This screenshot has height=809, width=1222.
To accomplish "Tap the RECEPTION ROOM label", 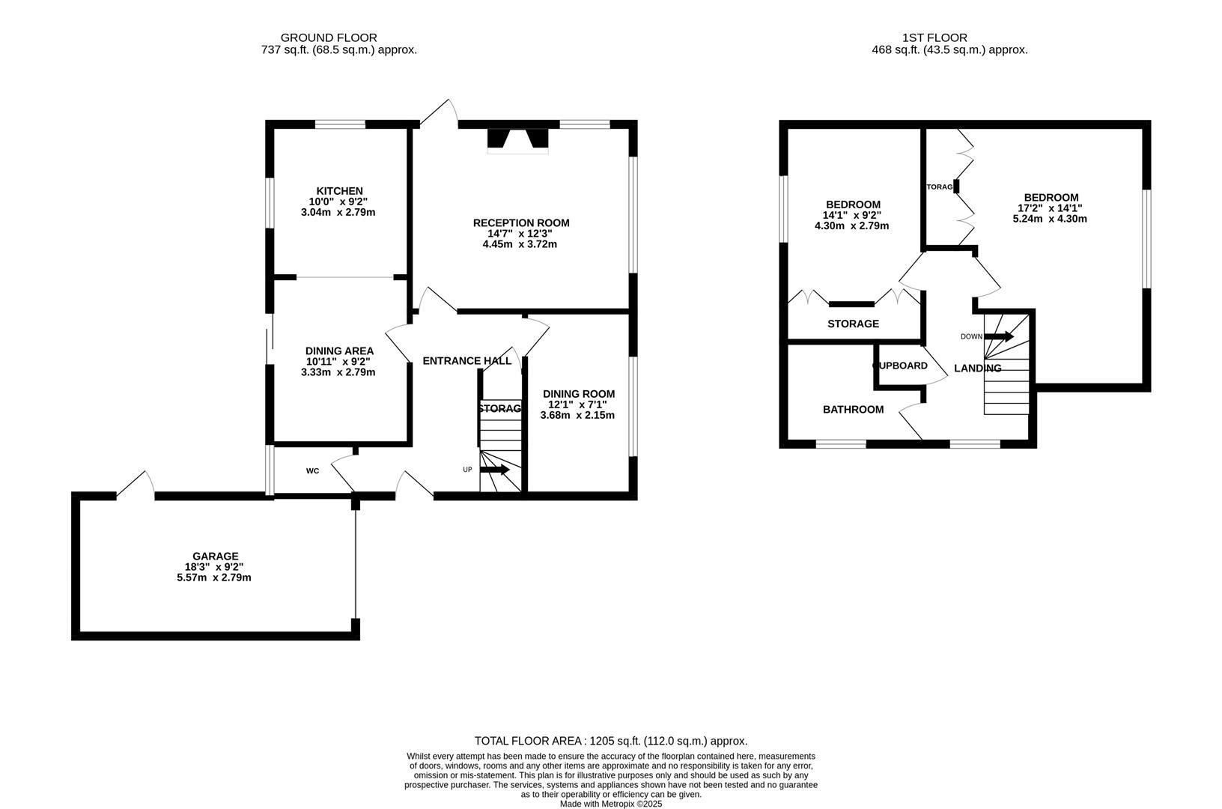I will coord(520,222).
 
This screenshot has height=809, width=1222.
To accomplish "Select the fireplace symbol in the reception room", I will coord(517,140).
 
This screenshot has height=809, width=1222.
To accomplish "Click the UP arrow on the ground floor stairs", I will coord(495,470).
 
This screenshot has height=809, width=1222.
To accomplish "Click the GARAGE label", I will coord(215,556).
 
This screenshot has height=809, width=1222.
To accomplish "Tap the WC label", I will coord(312,471).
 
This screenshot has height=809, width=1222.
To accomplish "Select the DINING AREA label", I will coord(339,351).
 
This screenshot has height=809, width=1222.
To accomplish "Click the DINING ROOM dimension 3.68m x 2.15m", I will coord(577,415).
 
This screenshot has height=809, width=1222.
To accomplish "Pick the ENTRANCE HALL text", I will coord(466,361).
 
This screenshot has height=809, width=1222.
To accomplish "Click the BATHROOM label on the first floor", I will coord(853,410).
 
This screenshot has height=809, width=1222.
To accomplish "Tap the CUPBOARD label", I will coord(901,366).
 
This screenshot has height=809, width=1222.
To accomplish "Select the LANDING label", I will coord(977,369).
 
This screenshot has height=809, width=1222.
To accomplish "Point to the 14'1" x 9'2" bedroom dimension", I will coord(852,215).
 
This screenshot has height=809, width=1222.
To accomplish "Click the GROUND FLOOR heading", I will coord(329,37).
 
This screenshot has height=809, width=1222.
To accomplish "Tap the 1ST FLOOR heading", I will coord(934,37).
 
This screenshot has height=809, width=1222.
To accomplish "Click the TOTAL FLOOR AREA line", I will coord(611,741).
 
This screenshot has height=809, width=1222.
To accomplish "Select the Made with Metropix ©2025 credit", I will coord(611,804).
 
